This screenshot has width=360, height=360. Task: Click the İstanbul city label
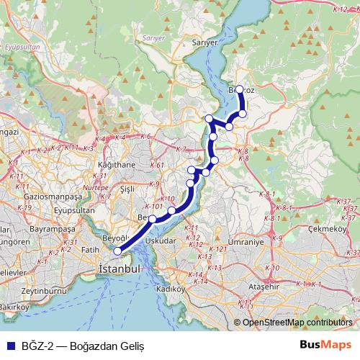(118, 268)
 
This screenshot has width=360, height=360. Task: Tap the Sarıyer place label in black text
(204, 43)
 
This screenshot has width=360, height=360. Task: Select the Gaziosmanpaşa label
(53, 196)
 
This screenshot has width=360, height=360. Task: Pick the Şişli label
(127, 189)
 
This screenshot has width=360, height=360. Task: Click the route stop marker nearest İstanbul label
(118, 251)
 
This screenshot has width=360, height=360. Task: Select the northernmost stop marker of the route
(240, 90)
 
